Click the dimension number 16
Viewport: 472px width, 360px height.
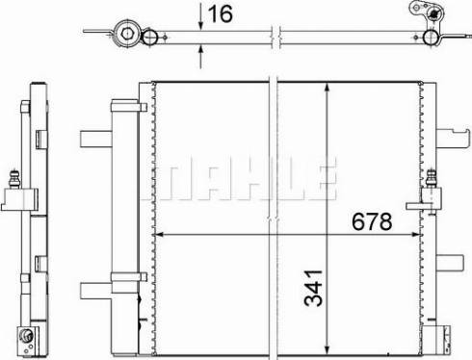pos(221,13)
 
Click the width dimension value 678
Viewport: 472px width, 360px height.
pos(372,221)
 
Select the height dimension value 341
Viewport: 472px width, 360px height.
pos(313,288)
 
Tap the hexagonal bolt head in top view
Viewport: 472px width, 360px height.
pos(127,33)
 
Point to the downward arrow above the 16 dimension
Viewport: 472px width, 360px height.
pos(200,16)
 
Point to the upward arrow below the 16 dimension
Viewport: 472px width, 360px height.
pos(200,57)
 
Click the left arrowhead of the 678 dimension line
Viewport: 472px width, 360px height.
pos(159,235)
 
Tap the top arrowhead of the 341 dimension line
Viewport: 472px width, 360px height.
pos(327,89)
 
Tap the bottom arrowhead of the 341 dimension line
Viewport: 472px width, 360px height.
pos(327,349)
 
